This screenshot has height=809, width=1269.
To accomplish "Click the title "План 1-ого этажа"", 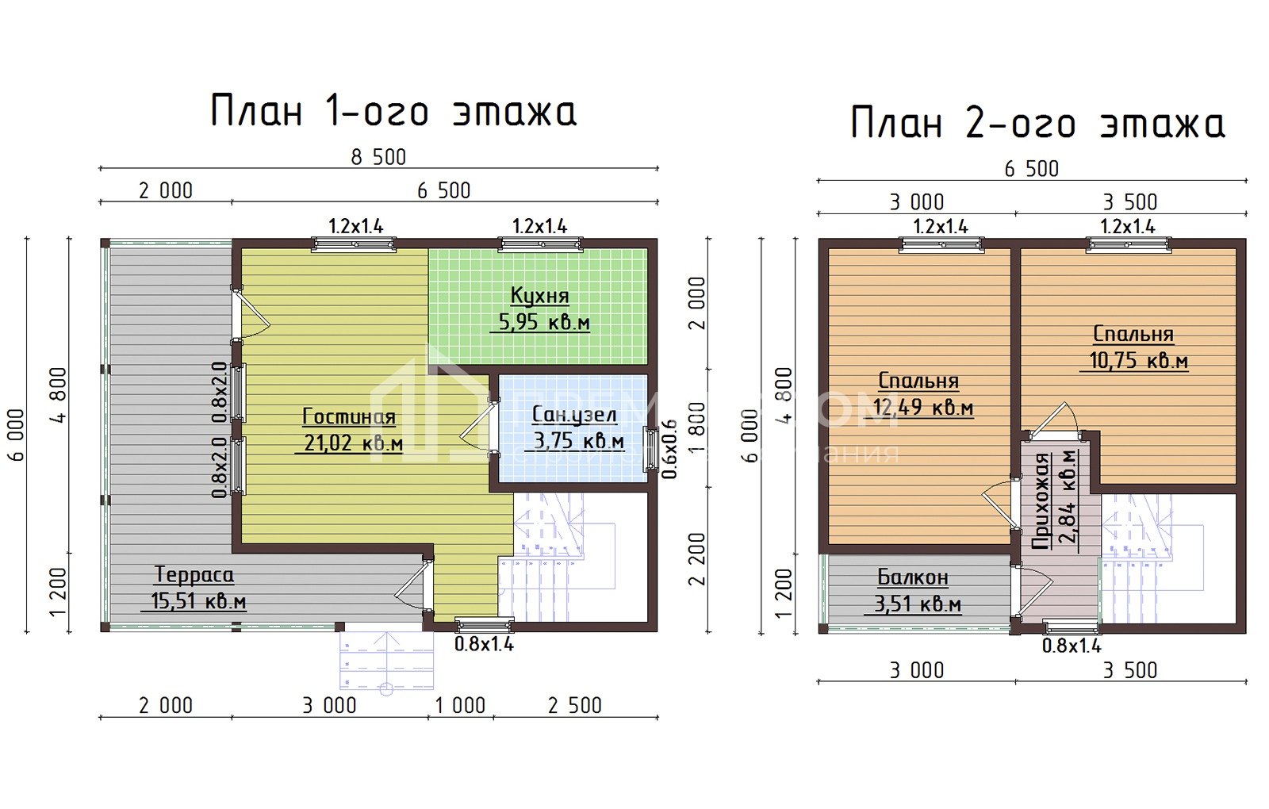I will [x=393, y=111].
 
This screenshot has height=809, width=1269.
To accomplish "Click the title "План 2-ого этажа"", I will [x=1037, y=124].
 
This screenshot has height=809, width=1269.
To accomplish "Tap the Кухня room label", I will [x=539, y=296].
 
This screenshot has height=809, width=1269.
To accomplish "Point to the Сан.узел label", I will [x=573, y=415].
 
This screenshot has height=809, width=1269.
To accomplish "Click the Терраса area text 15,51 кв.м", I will [x=198, y=601].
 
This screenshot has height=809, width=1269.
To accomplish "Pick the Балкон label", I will [x=913, y=577].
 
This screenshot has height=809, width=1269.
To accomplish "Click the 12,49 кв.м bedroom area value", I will [x=923, y=408].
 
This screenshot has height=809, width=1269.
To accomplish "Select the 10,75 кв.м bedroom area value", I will [x=1138, y=361].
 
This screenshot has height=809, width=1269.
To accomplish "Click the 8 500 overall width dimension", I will [x=378, y=157].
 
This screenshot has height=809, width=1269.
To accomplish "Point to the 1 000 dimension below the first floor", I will [x=460, y=705].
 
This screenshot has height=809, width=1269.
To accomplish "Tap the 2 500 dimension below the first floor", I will [x=575, y=705].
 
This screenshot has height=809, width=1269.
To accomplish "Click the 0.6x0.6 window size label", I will [x=670, y=449].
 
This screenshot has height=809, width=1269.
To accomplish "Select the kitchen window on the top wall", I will [x=540, y=243].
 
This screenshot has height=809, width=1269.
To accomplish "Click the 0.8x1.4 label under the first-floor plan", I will [x=484, y=644].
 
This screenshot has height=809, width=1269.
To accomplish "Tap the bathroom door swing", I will [x=477, y=428].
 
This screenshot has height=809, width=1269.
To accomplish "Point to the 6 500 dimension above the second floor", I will [x=1031, y=169].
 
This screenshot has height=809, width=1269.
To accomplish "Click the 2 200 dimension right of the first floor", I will [x=696, y=558].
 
